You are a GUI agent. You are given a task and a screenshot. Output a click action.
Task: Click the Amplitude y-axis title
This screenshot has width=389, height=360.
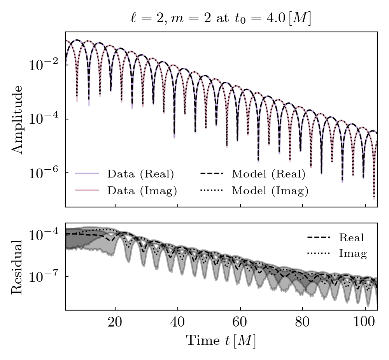tap(17, 119)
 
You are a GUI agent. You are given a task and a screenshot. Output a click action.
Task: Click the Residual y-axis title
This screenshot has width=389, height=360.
tap(17, 267)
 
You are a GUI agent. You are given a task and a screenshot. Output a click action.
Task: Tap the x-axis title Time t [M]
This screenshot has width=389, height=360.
tap(221, 341)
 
